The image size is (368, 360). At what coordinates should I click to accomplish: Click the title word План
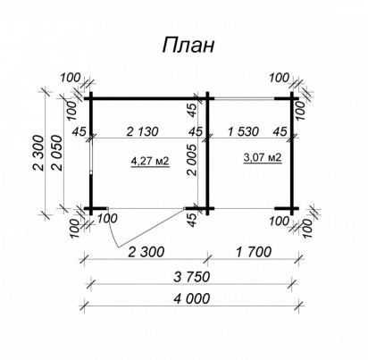point(188,46)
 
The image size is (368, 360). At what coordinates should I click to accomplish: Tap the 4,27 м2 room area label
point(150,161)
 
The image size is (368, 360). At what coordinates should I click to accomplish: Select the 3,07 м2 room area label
point(263,157)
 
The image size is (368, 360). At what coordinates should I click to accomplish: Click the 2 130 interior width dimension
point(142,131)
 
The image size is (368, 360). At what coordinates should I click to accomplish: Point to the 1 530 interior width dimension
point(243,131)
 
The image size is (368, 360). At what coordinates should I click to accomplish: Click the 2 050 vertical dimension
point(58,153)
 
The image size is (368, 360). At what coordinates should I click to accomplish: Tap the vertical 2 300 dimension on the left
point(38,153)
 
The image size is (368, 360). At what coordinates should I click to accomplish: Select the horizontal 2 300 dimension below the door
point(146,252)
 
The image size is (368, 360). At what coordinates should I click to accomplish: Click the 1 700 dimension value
point(254,252)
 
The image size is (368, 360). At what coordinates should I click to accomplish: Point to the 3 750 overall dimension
point(192,277)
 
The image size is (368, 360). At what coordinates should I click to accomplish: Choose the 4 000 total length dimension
point(192,298)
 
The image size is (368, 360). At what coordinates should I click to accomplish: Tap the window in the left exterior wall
point(91,155)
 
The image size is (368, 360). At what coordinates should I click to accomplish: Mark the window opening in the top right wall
point(244,98)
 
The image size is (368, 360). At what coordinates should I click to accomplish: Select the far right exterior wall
point(292,153)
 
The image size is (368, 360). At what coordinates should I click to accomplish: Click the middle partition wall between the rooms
point(207,153)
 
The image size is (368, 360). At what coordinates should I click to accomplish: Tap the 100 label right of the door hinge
point(107,218)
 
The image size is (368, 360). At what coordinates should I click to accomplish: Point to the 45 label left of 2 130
point(79,131)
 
